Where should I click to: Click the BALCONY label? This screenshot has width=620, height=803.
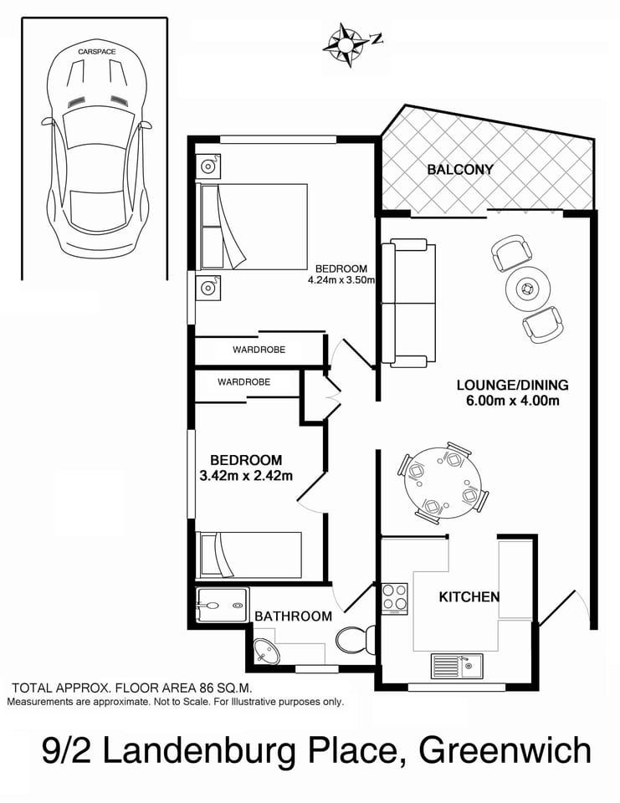tap(459, 170)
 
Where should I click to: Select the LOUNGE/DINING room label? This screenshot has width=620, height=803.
tap(512, 386)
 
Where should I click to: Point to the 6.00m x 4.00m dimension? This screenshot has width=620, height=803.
tap(512, 401)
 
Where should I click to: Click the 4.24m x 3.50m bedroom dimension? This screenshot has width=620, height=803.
tap(340, 281)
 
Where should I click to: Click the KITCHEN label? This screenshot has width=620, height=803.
tap(469, 597)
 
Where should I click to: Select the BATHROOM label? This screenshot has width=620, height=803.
tap(293, 616)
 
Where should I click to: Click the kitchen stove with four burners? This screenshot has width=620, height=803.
tap(395, 598)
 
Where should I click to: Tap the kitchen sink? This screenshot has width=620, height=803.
tap(457, 667)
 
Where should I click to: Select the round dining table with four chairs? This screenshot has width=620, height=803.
tap(443, 483)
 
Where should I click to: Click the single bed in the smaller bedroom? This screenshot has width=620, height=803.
tap(249, 555)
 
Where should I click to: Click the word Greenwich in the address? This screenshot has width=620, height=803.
tap(505, 750)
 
